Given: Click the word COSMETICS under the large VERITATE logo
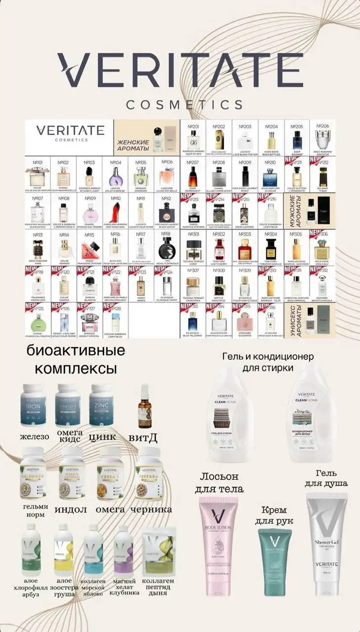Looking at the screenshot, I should point(184,105).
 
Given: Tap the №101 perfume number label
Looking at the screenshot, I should point(37,162).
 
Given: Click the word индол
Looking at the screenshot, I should point(73,509).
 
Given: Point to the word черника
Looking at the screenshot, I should point(154,509).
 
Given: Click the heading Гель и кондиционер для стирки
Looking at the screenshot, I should point(268,361).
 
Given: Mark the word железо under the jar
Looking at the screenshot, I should point(34,437).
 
